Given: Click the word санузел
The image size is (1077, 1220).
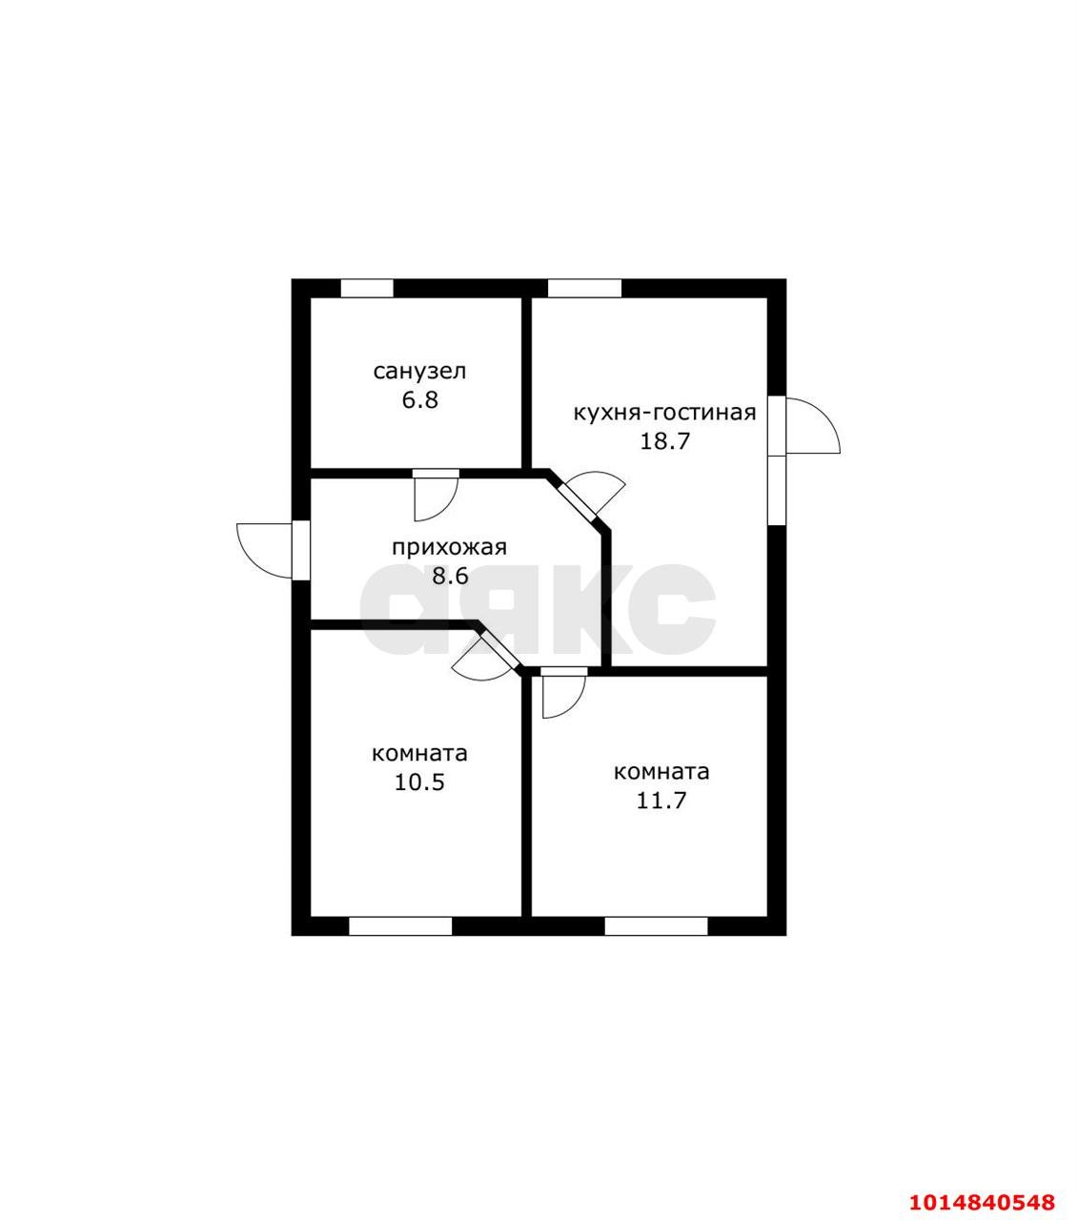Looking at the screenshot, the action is coord(419,372).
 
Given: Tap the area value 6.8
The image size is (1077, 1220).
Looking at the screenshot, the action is coord(419,400).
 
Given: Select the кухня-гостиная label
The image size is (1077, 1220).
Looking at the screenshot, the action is coord(664,413).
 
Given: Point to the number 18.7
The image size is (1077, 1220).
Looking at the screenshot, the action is coord(663,441).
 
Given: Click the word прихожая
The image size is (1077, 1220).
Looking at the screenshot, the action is coord(449,548).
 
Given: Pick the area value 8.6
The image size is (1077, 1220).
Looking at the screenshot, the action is coord(450,577).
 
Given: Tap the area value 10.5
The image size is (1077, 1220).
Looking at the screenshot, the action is coord(419,783).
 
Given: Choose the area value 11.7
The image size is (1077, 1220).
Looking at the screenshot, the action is coord(661,801).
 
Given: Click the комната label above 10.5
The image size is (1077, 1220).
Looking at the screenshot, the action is coord(419,754).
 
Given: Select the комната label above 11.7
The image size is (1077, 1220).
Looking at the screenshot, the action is coord(661,772).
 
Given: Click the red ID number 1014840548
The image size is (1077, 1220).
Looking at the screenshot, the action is coord(982,1186).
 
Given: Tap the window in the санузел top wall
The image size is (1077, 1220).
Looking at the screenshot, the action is coord(367,289).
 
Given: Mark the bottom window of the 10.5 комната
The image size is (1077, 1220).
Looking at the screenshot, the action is coord(400,926).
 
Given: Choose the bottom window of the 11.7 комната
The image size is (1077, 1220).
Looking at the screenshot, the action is coord(656,926).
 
